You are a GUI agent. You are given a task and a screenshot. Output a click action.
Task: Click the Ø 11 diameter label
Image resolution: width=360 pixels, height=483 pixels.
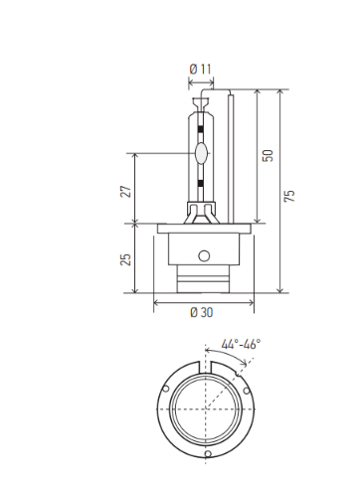pyautogui.click(x=201, y=70)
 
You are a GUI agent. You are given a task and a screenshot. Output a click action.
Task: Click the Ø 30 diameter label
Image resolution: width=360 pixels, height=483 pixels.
pyautogui.click(x=202, y=312)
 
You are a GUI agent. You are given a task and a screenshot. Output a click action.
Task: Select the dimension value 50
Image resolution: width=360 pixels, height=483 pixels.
pyautogui.click(x=268, y=155)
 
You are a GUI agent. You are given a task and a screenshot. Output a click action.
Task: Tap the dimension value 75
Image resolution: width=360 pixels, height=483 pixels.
pyautogui.click(x=289, y=196)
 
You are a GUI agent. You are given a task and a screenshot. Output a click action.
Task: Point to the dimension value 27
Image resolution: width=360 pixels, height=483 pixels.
pyautogui.click(x=126, y=191)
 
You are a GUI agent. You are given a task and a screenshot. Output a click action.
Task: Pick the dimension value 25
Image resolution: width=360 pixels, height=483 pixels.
pyautogui.click(x=126, y=259)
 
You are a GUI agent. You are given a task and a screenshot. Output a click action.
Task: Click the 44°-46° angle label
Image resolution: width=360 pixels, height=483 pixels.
pyautogui.click(x=241, y=344)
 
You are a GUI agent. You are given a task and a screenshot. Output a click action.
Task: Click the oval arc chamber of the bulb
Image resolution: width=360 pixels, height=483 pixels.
pyautogui.click(x=201, y=153)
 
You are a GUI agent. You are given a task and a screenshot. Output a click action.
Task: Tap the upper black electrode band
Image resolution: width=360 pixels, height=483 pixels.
pyautogui.click(x=201, y=129)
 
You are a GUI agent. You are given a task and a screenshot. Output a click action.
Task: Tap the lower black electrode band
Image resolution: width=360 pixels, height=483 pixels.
pyautogui.click(x=201, y=183)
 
